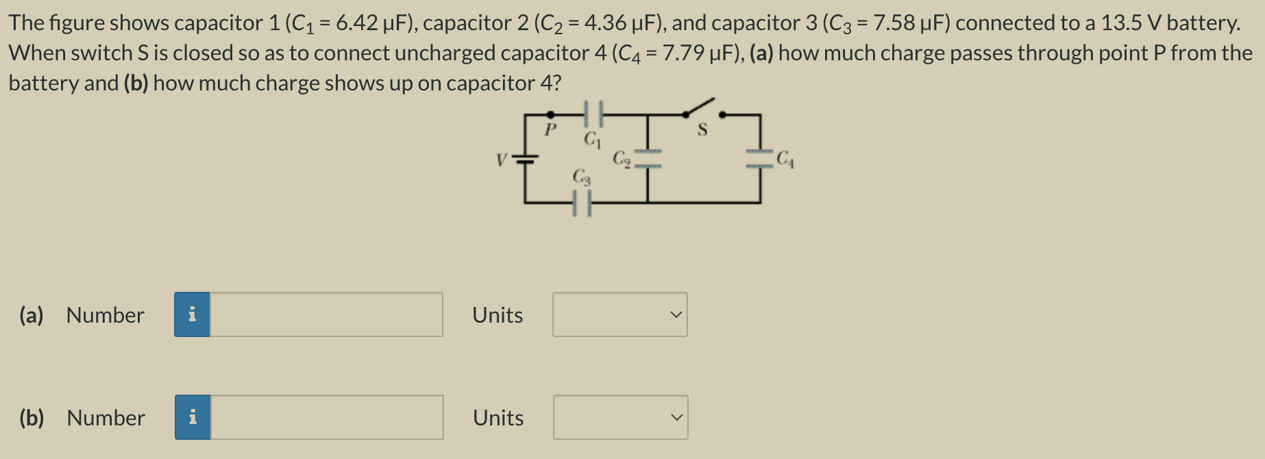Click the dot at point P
(x=550, y=114)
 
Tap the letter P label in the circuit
(x=550, y=129)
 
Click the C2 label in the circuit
(x=622, y=159)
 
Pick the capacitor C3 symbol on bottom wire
(x=582, y=203)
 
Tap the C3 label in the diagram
(x=581, y=177)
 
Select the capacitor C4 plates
(x=759, y=159)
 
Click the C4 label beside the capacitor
(x=785, y=159)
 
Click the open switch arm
(x=699, y=108)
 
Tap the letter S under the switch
(x=702, y=129)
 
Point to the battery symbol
(x=525, y=159)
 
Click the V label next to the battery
(x=502, y=160)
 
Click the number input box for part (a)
(x=326, y=314)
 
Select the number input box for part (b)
(x=327, y=417)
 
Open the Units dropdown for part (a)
(x=619, y=314)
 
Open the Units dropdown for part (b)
(x=620, y=417)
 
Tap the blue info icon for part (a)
(x=192, y=314)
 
